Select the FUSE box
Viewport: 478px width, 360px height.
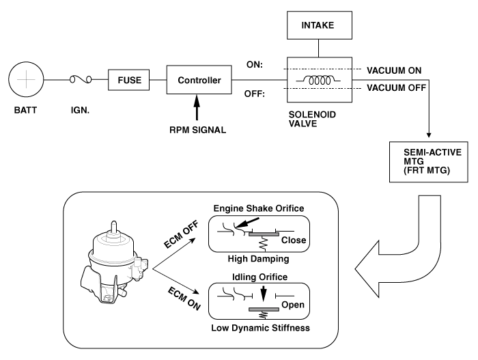(x=128, y=80)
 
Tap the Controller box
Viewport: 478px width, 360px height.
(x=199, y=80)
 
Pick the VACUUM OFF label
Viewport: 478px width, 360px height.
(x=396, y=88)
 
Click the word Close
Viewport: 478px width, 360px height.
(x=294, y=241)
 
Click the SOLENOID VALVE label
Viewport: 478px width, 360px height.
(x=305, y=122)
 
